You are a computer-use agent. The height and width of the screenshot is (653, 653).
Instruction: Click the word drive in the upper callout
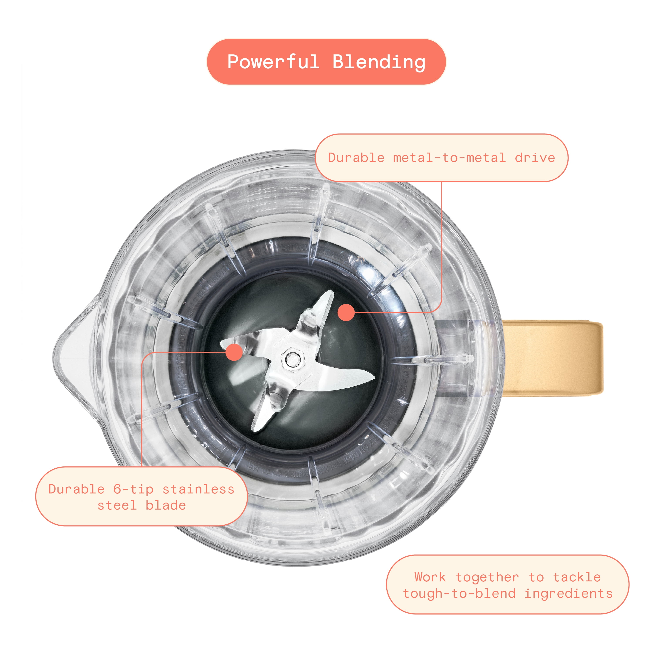[535, 158]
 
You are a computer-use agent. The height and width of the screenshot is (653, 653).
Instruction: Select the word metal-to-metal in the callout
[449, 158]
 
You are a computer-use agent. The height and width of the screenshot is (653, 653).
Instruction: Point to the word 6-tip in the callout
[133, 489]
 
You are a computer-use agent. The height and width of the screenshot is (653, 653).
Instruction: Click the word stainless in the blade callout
[198, 489]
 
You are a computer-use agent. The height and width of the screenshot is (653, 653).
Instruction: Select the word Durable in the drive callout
[356, 158]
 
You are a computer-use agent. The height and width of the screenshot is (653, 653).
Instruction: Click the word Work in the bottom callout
[430, 577]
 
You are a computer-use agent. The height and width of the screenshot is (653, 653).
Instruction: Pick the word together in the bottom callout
[487, 577]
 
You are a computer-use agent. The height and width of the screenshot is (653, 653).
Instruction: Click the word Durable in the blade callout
[76, 489]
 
